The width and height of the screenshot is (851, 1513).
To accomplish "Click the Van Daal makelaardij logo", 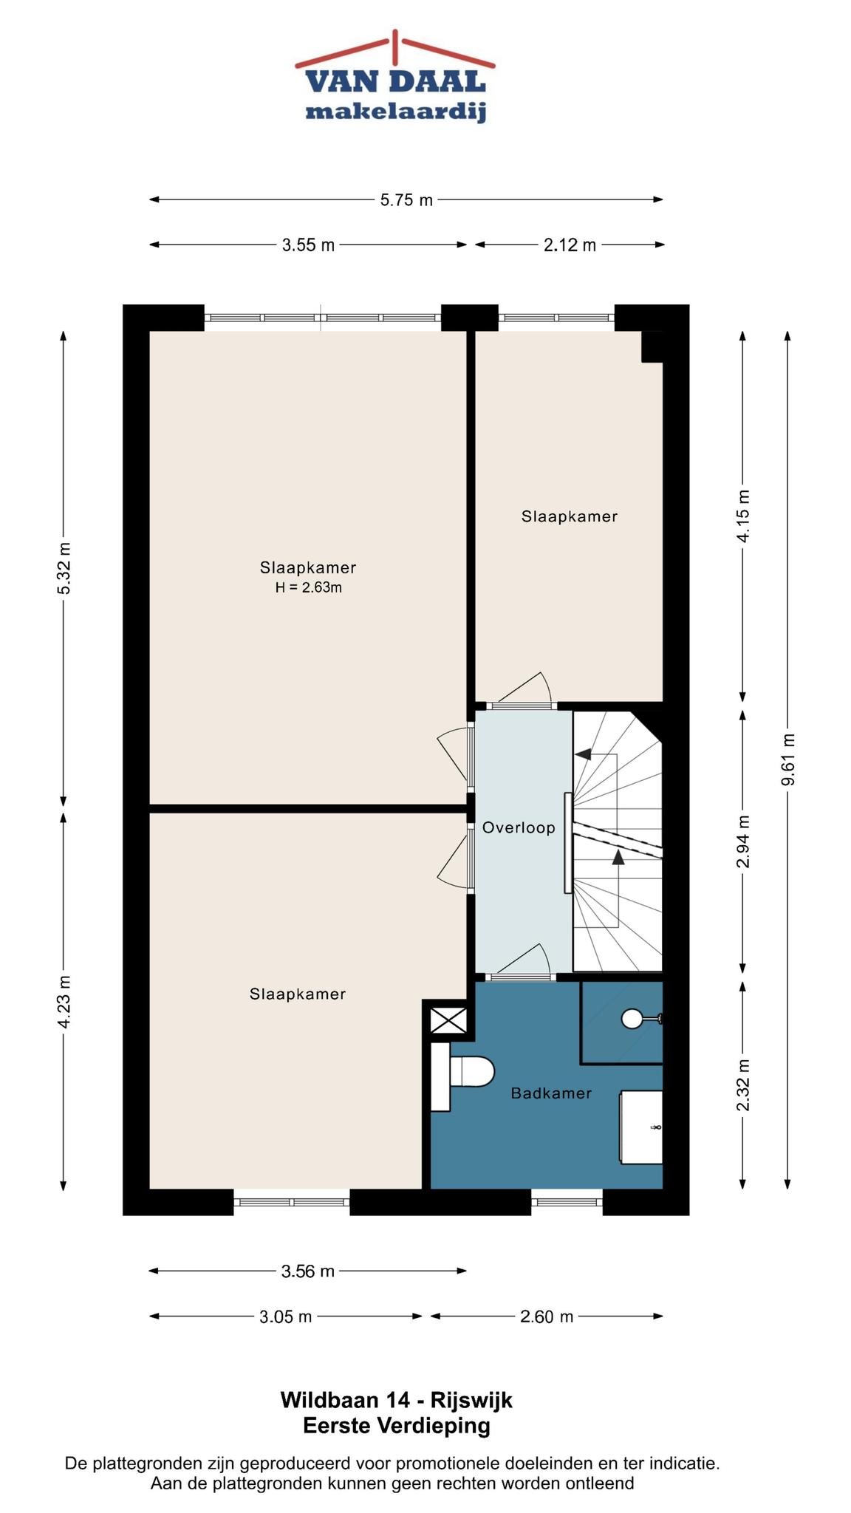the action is (x=395, y=77).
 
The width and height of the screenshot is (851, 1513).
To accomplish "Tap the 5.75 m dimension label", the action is (x=406, y=200).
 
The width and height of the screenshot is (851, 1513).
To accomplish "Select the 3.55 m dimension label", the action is (x=308, y=245).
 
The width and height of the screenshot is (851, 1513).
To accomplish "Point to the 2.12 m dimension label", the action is (x=570, y=245).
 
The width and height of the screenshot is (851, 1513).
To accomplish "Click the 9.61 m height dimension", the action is (x=788, y=760).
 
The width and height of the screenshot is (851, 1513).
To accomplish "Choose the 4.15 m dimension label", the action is (x=743, y=516).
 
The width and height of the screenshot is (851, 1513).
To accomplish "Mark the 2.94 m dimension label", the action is (x=743, y=841).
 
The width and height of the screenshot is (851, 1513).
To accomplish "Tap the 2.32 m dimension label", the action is (x=743, y=1085).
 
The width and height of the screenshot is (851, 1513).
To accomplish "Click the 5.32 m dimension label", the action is (x=64, y=568).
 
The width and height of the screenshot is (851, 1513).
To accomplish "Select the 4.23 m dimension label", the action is (x=64, y=1002).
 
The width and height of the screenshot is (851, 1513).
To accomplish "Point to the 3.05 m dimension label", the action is (x=286, y=1316).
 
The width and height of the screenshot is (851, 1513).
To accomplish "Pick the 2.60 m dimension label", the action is (x=547, y=1316).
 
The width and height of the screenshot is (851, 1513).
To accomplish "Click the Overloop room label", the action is (x=519, y=828).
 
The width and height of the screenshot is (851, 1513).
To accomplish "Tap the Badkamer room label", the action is (x=551, y=1093).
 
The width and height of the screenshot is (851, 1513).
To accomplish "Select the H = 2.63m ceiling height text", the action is (x=308, y=588).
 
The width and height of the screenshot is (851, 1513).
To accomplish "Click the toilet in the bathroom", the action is (x=462, y=1076).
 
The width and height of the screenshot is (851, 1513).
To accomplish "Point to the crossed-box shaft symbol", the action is (x=449, y=1023).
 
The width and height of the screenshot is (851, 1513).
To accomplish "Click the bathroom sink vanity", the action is (x=640, y=1127).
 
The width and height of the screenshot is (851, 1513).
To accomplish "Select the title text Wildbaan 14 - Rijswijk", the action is (x=396, y=1400).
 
